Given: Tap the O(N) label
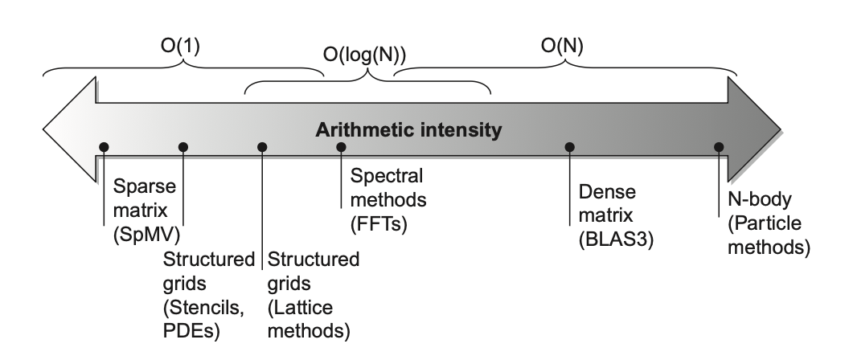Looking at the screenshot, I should coord(561,47).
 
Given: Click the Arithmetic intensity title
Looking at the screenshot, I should coord(409,129).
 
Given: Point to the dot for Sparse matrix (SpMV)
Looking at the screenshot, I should coord(104,147).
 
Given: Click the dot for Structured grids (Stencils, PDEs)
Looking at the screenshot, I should coord(183,147).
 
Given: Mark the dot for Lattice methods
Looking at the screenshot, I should coord(262,147).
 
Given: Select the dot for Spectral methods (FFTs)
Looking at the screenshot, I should coord(341,147).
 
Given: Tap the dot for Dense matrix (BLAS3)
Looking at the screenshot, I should coord(569,147).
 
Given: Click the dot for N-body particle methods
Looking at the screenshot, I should coord(719,147).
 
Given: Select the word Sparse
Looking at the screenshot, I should coord(140,188).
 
